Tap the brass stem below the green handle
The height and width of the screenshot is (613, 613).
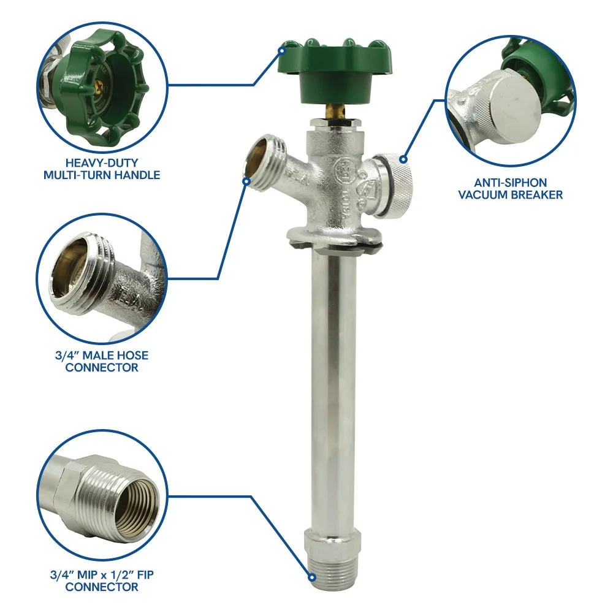coord(335,111)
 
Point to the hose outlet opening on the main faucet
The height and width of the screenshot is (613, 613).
coord(259,161)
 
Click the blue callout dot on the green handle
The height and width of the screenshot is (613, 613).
coord(281,51)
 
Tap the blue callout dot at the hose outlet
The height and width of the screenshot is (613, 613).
coord(246,181)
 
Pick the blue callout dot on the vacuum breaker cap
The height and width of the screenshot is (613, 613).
coord(403,159)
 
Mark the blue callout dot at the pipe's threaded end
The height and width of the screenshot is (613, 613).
coord(311,577)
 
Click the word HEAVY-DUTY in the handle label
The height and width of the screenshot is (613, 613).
coord(102,162)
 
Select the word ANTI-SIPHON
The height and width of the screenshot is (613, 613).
coord(511,183)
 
